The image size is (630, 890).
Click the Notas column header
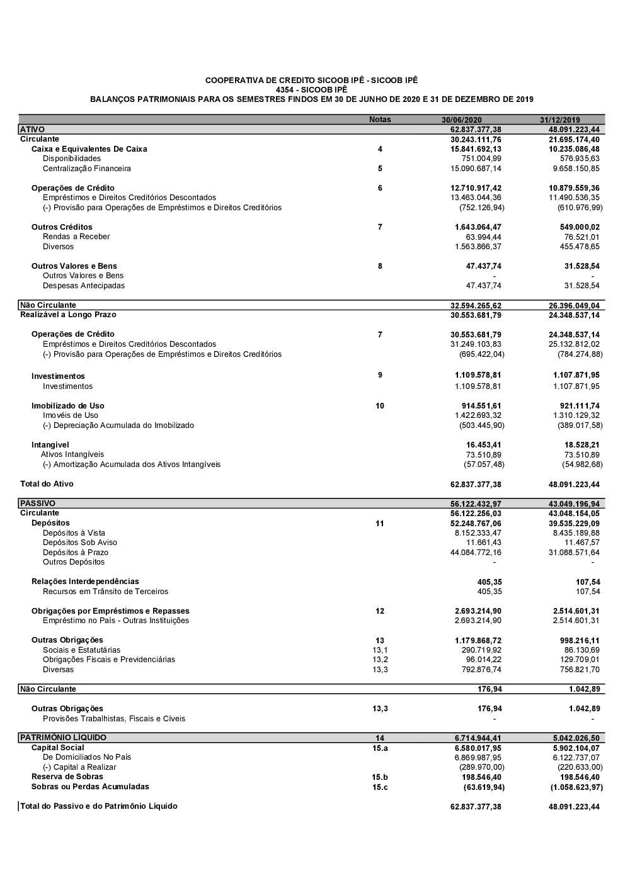point(380,120)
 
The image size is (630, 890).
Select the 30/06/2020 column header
point(461,120)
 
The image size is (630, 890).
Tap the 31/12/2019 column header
point(560,120)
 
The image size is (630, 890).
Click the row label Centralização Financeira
point(87,169)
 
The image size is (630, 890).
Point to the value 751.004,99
point(481,159)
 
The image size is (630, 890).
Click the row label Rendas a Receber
point(76,237)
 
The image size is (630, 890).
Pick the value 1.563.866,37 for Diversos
point(478,247)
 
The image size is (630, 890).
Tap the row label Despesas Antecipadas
point(84,286)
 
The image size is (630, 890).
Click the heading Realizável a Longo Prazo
point(68,315)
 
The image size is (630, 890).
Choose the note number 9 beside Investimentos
point(380,375)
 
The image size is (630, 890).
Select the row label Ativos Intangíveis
point(72,454)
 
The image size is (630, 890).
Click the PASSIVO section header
point(38,504)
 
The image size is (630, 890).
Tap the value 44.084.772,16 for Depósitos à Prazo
point(476,553)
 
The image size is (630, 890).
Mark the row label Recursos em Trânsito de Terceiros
point(105,592)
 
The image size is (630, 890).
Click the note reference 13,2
point(380,660)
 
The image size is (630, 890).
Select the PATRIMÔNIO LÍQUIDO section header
point(63,738)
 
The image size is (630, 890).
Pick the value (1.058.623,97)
point(576,787)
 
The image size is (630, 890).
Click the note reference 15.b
point(380,777)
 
